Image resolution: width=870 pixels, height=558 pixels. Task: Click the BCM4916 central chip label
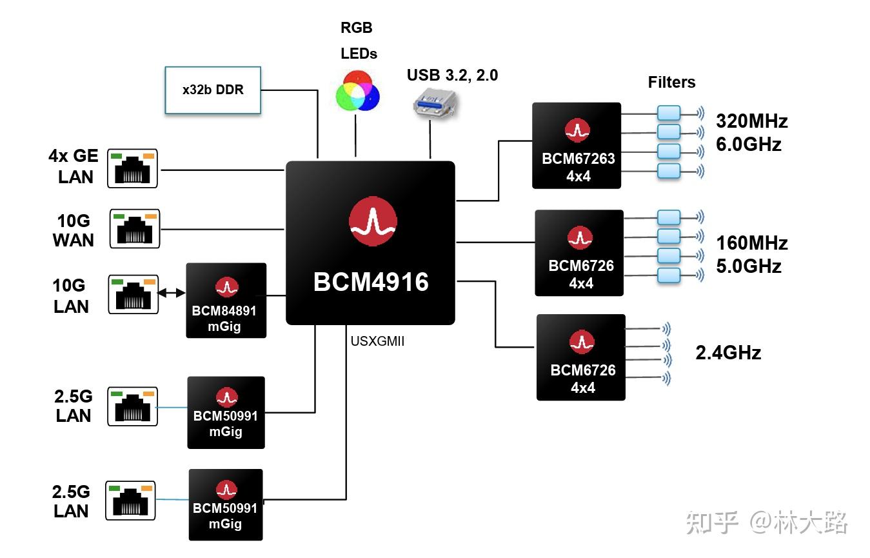[x=371, y=282]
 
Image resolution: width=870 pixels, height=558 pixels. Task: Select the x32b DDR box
[x=213, y=90]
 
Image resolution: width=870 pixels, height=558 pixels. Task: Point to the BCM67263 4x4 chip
[x=577, y=145]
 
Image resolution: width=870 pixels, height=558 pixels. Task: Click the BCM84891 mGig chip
[x=226, y=300]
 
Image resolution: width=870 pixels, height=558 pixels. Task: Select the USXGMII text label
[x=377, y=342]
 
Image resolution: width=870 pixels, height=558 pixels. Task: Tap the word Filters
[x=671, y=83]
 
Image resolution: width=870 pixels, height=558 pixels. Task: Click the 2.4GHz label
[x=728, y=353]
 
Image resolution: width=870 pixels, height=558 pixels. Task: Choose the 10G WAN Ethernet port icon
[x=134, y=228]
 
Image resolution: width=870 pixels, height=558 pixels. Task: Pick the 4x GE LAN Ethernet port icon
[x=132, y=168]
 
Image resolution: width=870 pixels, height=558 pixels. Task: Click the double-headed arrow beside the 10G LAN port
[x=171, y=293]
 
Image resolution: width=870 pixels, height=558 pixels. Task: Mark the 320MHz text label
[x=752, y=121]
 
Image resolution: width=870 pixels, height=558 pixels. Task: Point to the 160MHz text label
[x=752, y=243]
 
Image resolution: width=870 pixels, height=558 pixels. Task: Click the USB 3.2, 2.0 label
[x=452, y=75]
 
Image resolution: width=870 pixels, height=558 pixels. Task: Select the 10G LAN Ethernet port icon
[x=133, y=295]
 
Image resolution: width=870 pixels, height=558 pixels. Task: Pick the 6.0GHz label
[x=749, y=144]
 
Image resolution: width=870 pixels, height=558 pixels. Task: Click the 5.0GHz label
[x=749, y=266]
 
